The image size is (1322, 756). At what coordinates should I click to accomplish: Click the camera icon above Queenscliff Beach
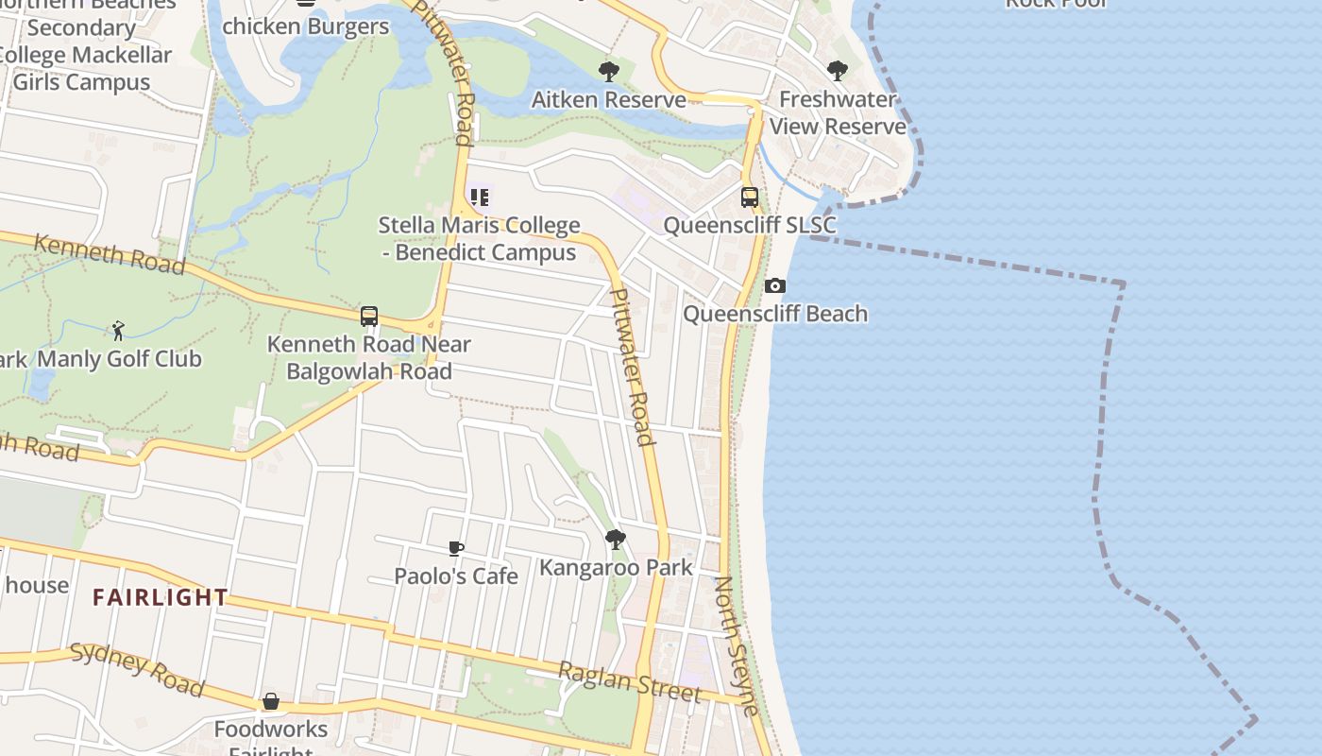[774, 285]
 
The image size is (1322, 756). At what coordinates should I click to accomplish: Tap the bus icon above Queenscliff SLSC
[750, 198]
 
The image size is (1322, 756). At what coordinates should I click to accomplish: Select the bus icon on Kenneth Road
[369, 317]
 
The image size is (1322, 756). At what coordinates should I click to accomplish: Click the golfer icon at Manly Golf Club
[118, 331]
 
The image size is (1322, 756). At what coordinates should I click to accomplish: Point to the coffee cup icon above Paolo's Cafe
[456, 548]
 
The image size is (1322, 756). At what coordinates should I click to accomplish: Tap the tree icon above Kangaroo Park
[615, 540]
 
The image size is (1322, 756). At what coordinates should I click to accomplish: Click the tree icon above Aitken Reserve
[609, 71]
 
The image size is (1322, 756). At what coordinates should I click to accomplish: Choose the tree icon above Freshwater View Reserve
[837, 71]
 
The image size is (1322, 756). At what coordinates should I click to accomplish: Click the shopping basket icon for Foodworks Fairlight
[271, 701]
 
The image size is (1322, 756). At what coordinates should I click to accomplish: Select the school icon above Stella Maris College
[480, 198]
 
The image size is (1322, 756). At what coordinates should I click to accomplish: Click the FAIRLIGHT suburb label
[161, 597]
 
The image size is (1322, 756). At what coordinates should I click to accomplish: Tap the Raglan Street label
[630, 682]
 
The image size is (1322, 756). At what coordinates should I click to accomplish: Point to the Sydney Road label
[137, 668]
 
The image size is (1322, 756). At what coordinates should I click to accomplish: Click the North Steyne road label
[736, 646]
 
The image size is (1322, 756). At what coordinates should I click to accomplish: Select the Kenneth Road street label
[110, 254]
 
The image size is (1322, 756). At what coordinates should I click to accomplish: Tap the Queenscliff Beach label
[775, 314]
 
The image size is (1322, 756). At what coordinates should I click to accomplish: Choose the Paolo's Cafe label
[456, 576]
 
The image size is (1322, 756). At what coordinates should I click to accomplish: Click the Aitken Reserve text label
[609, 99]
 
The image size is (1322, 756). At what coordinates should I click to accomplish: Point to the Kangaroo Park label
[616, 568]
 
